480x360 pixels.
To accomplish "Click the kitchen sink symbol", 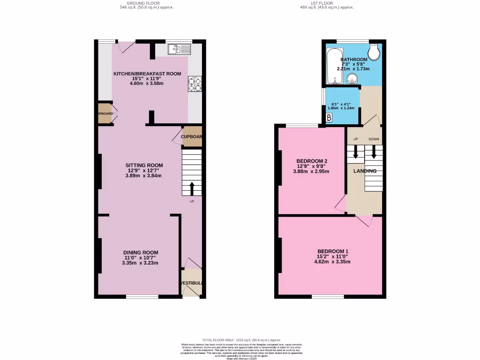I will (x=180, y=48).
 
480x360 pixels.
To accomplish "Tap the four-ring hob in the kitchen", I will (x=195, y=83).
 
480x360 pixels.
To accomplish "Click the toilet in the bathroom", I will (x=375, y=53).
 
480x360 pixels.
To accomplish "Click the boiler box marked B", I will (x=329, y=118).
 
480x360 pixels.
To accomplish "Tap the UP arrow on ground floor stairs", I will (x=192, y=188).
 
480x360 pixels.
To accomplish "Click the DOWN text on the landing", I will (x=374, y=139).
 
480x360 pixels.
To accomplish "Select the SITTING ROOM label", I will (x=144, y=165).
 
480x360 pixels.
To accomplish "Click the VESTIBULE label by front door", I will (x=192, y=283).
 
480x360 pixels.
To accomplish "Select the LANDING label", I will (x=365, y=171).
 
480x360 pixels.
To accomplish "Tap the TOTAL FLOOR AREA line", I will (x=241, y=340).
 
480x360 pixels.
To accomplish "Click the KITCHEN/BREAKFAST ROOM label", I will (x=147, y=74).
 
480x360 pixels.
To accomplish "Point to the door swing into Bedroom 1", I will (x=364, y=221).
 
